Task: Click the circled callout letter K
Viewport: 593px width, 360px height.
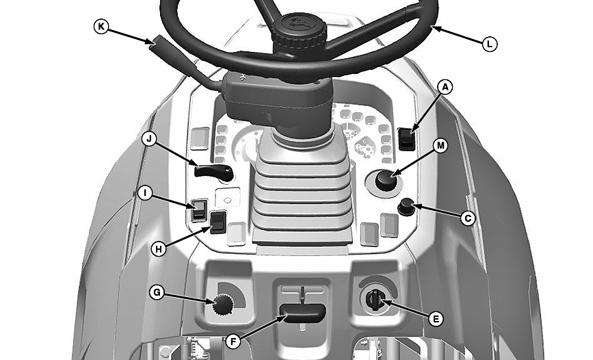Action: (101, 27)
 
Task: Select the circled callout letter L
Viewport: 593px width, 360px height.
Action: (490, 44)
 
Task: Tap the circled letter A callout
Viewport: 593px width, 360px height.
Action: (445, 88)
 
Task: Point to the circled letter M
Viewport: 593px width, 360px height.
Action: (440, 146)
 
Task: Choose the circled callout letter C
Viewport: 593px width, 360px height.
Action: (468, 218)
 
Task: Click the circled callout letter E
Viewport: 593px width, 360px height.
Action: (436, 319)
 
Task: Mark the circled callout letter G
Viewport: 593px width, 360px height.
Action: (157, 292)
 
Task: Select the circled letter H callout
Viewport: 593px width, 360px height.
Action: (159, 249)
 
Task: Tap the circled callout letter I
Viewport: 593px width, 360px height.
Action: (144, 193)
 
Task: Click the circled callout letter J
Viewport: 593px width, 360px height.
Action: (149, 139)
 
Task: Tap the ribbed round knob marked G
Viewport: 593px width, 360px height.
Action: (223, 305)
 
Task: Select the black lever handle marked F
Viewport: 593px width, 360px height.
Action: (302, 313)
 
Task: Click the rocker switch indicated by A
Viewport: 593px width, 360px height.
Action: (406, 139)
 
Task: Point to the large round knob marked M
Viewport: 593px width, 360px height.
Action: (386, 181)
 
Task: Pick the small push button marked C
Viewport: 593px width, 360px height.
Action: (406, 207)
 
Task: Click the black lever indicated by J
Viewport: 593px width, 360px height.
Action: (213, 172)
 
